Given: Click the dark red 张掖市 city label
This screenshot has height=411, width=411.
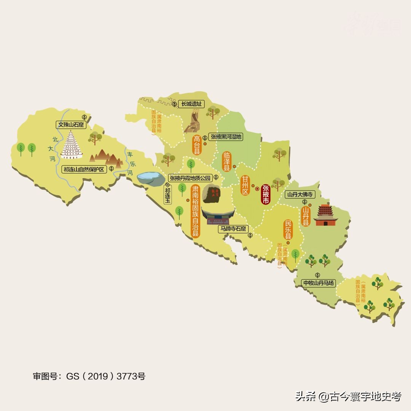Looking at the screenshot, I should tap(266, 194).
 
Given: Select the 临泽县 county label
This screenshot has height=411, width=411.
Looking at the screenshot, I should tap(227, 161).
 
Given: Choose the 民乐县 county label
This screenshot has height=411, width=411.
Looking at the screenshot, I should tap(288, 230).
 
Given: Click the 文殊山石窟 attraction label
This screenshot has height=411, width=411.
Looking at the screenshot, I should tap(71, 124).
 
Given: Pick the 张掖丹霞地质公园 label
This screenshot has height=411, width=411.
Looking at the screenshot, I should tap(190, 178).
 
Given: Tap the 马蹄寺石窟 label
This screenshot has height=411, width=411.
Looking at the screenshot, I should tap(233, 229).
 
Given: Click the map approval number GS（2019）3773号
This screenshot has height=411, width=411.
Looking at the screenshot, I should tap(89, 376).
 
